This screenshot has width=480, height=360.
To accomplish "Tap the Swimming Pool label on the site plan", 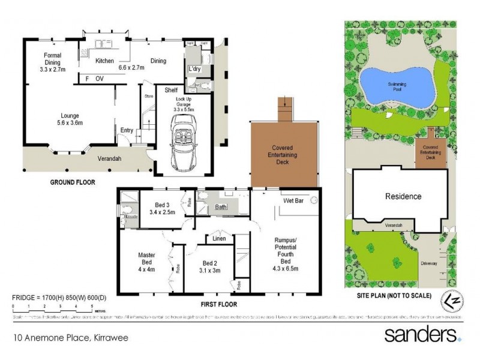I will point(397,85).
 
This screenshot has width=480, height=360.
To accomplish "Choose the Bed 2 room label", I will point(209,266).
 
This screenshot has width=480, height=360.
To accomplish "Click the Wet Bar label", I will point(293,200).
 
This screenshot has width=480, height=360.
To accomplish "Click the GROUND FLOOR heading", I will point(72,182).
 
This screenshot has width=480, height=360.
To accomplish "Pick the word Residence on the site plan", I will point(403,196).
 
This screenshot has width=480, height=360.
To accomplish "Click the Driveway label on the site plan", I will point(429,263).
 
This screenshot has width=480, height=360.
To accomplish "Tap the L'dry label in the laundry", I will point(194,69).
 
